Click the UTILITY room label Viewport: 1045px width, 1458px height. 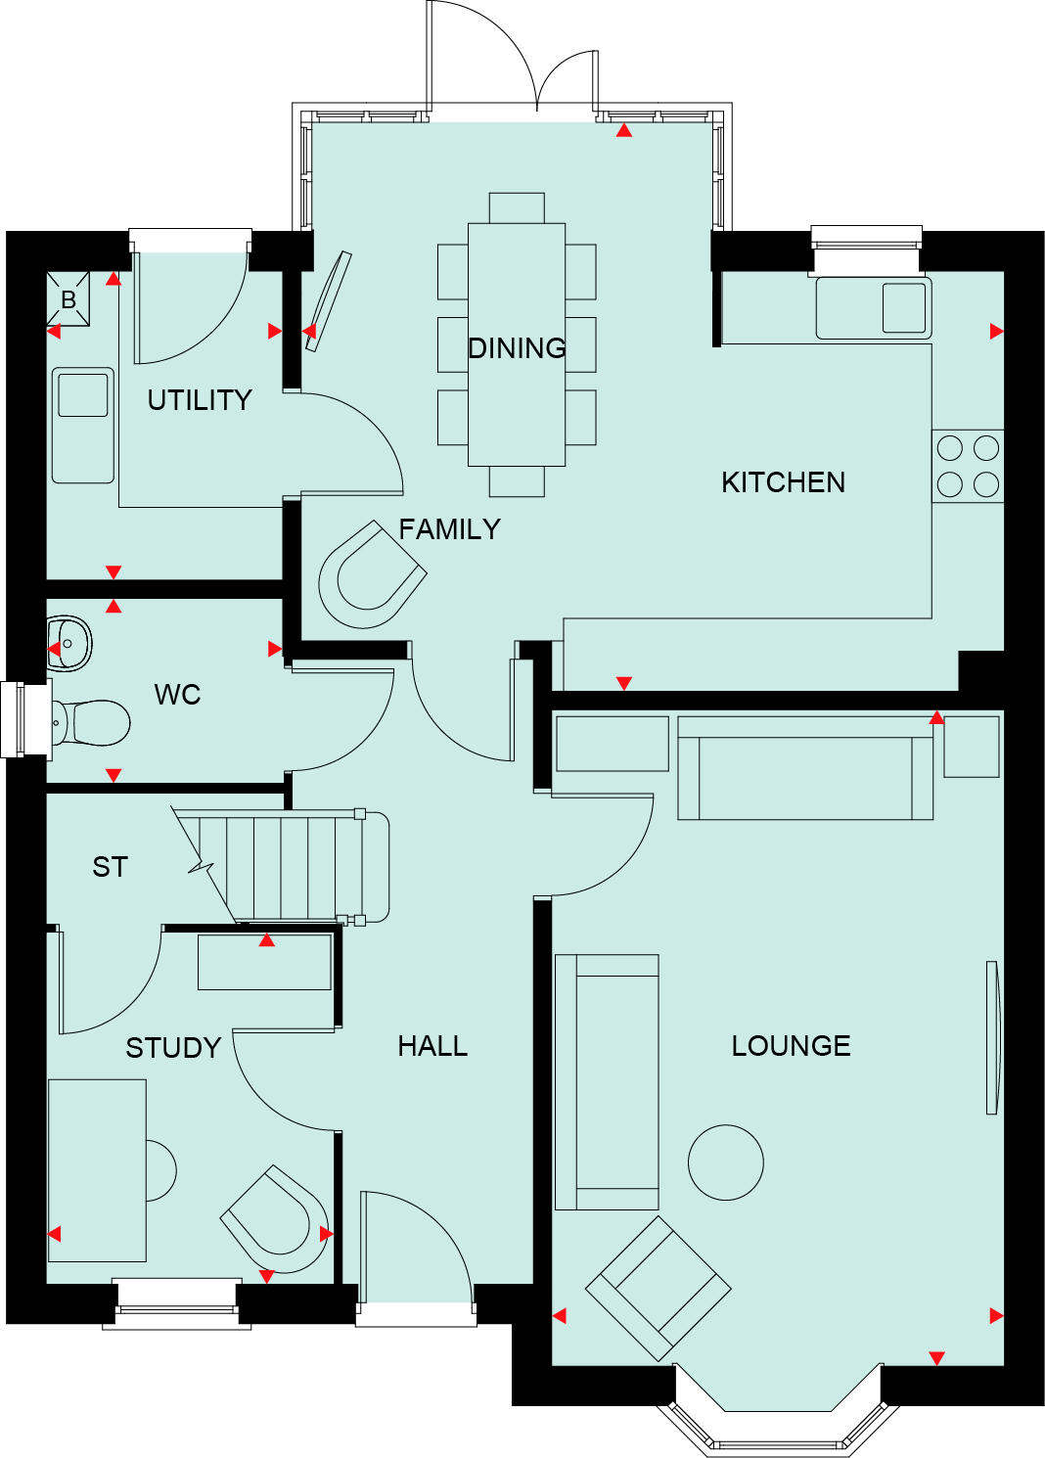[200, 399]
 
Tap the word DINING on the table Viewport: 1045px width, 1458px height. [517, 347]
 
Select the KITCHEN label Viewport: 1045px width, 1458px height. [783, 481]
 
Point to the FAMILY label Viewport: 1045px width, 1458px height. [449, 529]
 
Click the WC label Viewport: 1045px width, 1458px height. [177, 695]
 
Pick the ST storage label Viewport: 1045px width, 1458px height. [110, 867]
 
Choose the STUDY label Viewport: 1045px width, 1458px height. [173, 1048]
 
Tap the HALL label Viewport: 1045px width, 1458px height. [432, 1046]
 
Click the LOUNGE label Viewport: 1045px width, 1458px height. [791, 1046]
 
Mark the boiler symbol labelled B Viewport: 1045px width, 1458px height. [68, 299]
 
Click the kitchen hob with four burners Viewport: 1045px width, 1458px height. [968, 466]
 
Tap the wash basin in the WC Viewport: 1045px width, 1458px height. [70, 643]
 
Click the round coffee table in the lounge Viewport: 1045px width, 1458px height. [725, 1162]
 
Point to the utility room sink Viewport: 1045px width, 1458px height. [82, 395]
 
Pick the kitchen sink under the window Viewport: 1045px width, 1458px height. [904, 307]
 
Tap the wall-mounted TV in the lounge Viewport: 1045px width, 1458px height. [993, 1037]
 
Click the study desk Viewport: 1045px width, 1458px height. [97, 1170]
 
